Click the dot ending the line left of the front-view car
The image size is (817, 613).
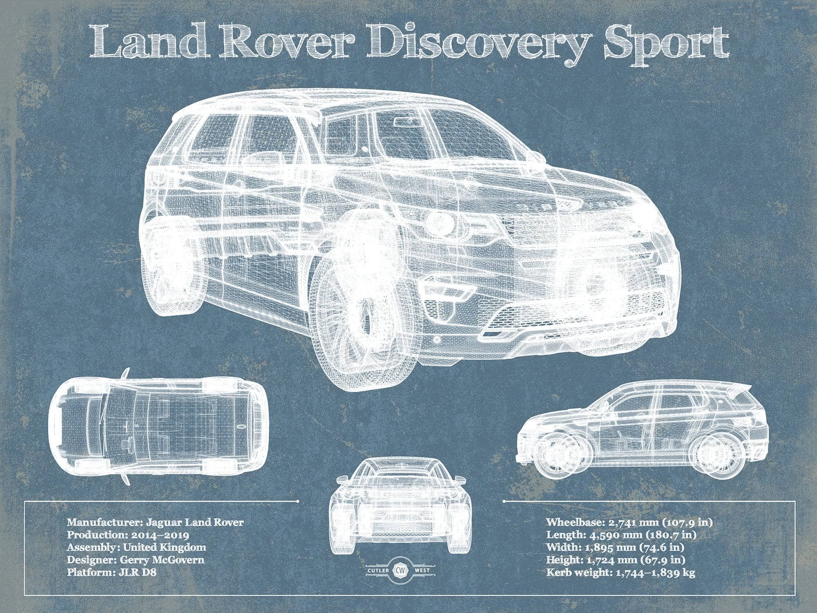coord(298,501)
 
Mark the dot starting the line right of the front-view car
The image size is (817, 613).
coord(505,501)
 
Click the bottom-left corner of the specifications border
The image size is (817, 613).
coord(25,595)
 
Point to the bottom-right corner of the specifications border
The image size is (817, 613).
coord(795,595)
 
